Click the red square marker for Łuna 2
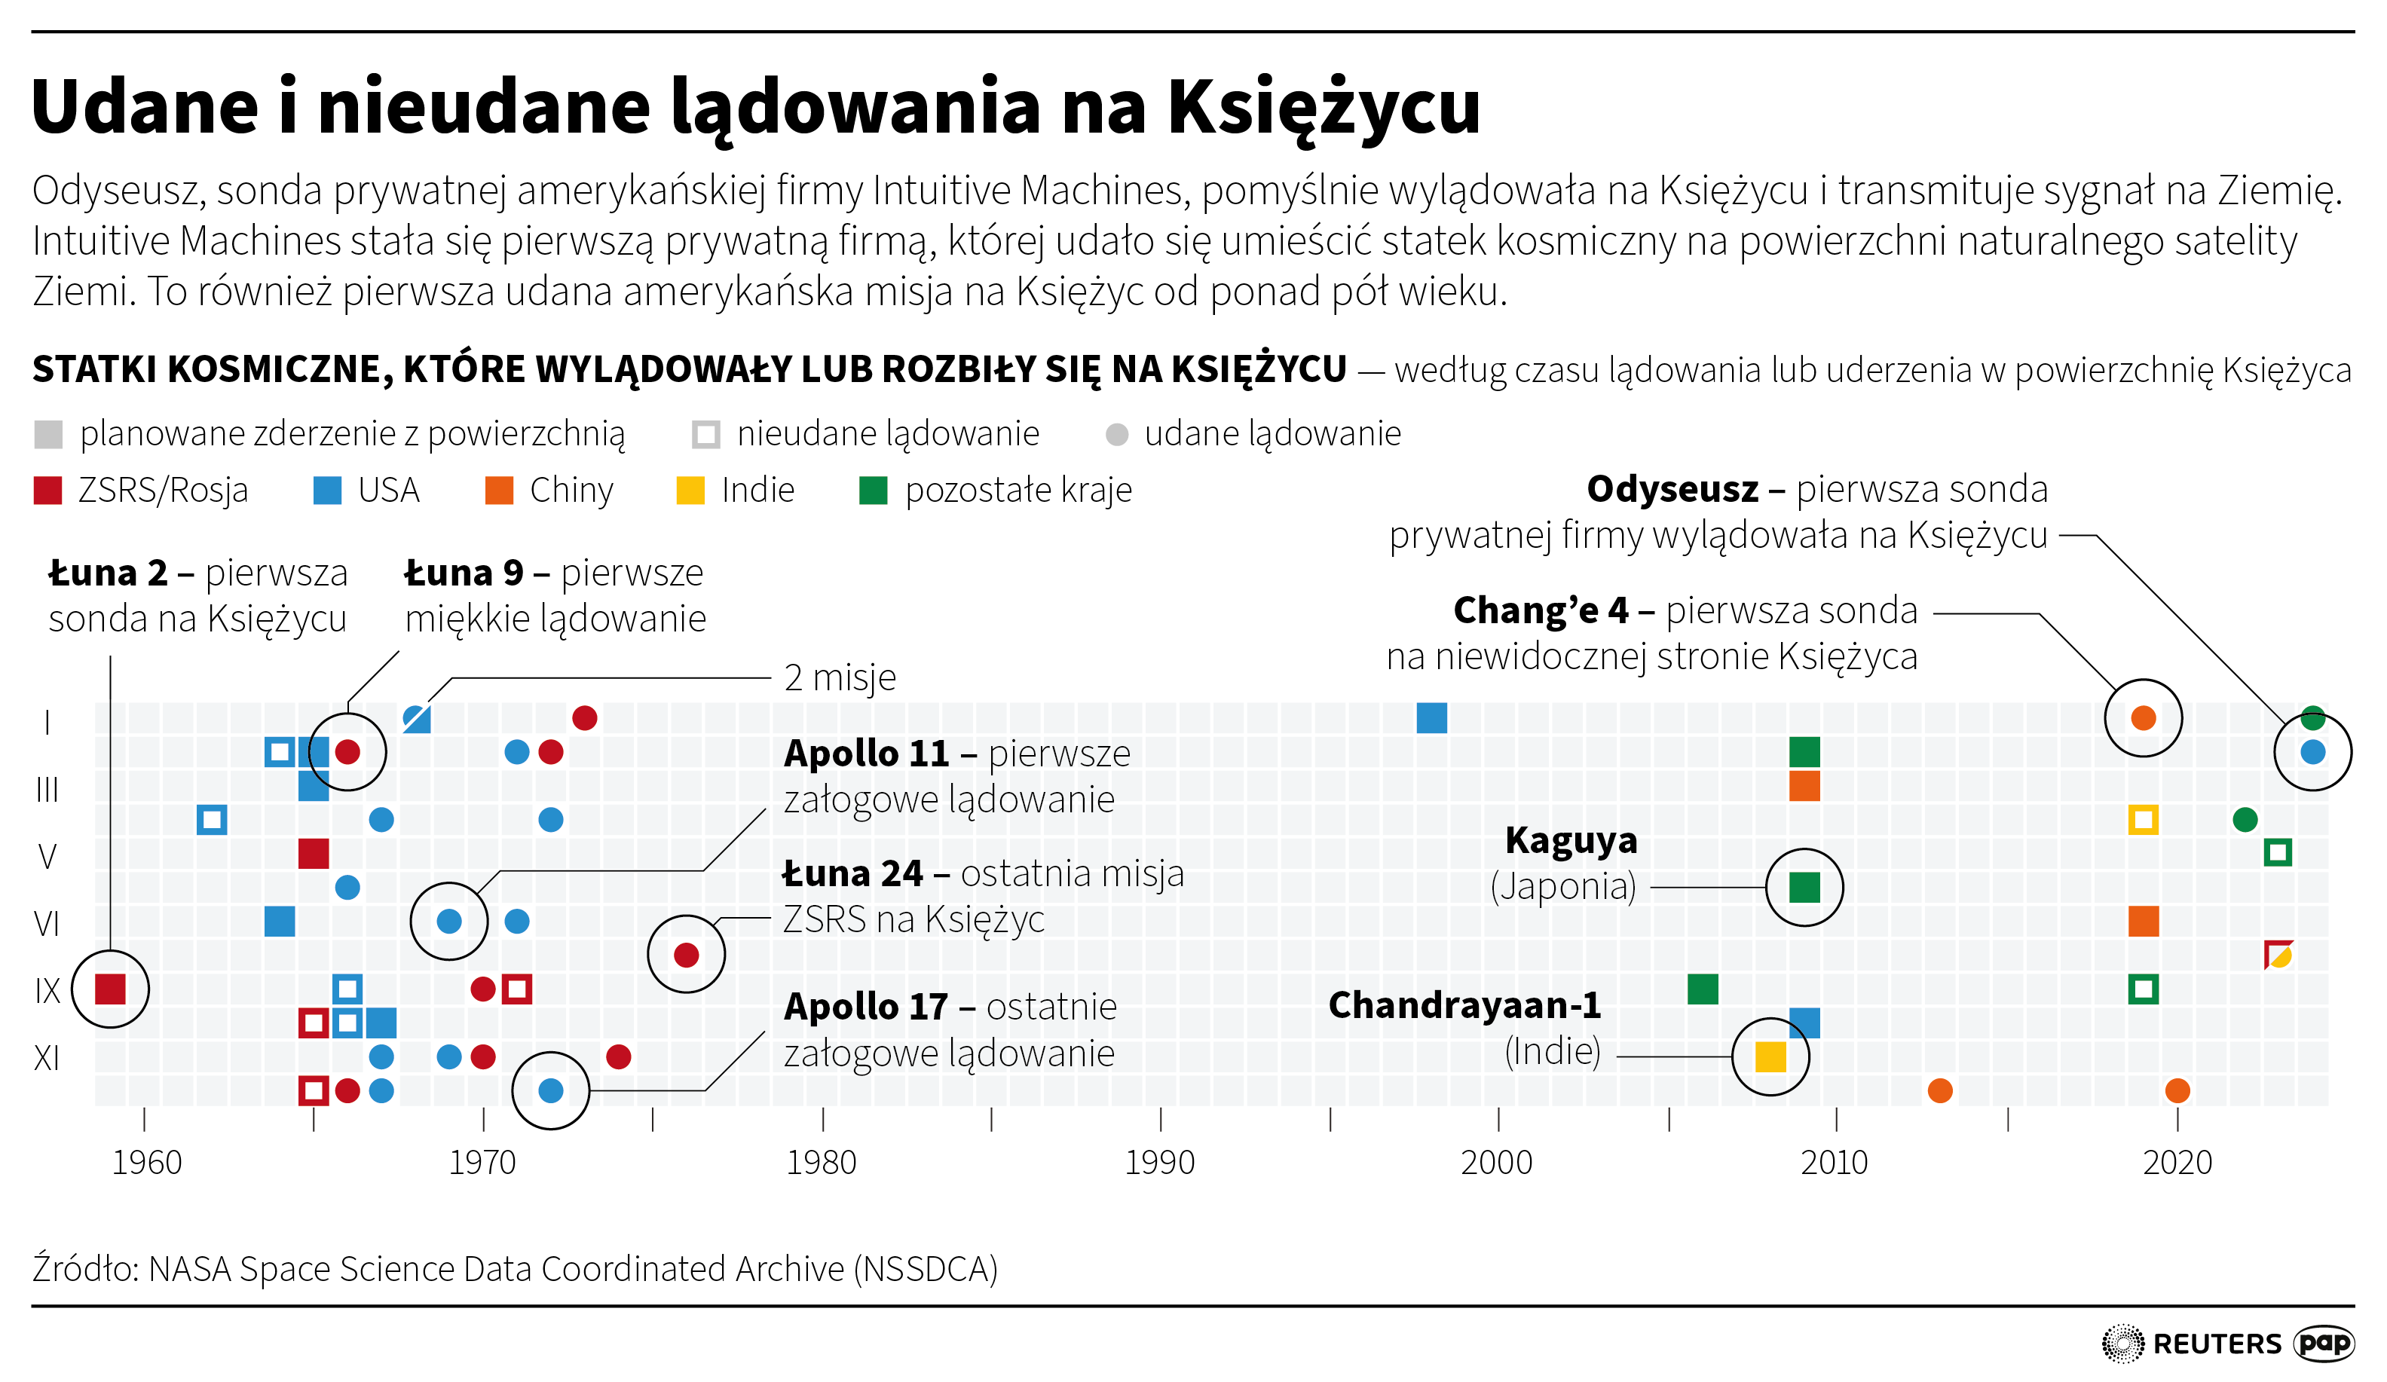pyautogui.click(x=111, y=989)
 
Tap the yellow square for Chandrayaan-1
pyautogui.click(x=1770, y=1056)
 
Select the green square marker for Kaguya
pyautogui.click(x=1804, y=888)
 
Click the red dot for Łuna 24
pyautogui.click(x=686, y=955)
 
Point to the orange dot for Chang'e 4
pyautogui.click(x=2143, y=718)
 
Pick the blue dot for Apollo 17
pyautogui.click(x=550, y=1090)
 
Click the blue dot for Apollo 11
pyautogui.click(x=449, y=921)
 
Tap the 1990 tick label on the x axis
pyautogui.click(x=1159, y=1162)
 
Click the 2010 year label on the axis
pyautogui.click(x=1834, y=1162)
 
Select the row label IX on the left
pyautogui.click(x=47, y=991)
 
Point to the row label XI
pyautogui.click(x=47, y=1057)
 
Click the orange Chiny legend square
pyautogui.click(x=499, y=491)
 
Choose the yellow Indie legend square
pyautogui.click(x=690, y=491)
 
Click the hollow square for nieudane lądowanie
pyautogui.click(x=705, y=435)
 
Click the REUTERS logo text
pyautogui.click(x=2217, y=1343)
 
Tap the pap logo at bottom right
pyautogui.click(x=2324, y=1342)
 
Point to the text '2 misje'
pyautogui.click(x=839, y=678)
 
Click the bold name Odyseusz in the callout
pyautogui.click(x=1672, y=490)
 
